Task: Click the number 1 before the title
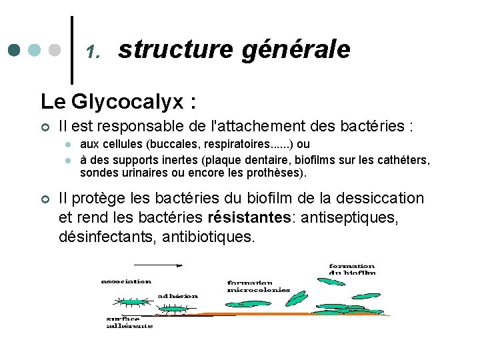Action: pyautogui.click(x=93, y=52)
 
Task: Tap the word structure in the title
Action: pyautogui.click(x=175, y=49)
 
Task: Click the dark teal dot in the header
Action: pyautogui.click(x=15, y=51)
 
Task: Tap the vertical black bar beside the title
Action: pyautogui.click(x=72, y=50)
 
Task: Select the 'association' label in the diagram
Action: pyautogui.click(x=126, y=281)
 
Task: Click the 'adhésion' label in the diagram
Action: pyautogui.click(x=178, y=295)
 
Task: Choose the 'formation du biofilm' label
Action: pyautogui.click(x=352, y=269)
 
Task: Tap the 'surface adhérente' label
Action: pyautogui.click(x=129, y=322)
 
